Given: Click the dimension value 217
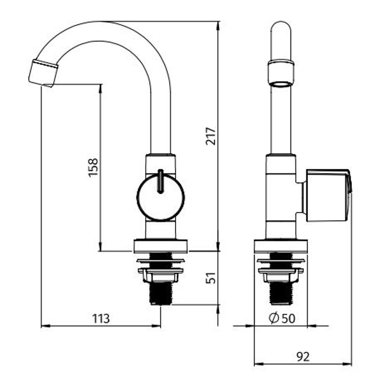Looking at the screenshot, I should pos(211,136).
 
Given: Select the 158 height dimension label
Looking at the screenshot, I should pos(94,167).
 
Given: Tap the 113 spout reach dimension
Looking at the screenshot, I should pos(101,319).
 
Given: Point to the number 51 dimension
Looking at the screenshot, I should pos(211,277).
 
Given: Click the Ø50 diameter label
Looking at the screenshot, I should pos(282,319).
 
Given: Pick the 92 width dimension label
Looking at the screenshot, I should pos(303,356).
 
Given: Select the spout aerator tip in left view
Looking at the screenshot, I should pos(43,73).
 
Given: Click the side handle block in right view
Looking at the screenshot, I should pos(328,195).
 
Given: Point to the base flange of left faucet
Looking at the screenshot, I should pos(160,246).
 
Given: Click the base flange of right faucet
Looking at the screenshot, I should pos(281,246).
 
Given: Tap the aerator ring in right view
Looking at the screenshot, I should pos(281,73).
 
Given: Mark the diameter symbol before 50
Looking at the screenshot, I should pos(274,319).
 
